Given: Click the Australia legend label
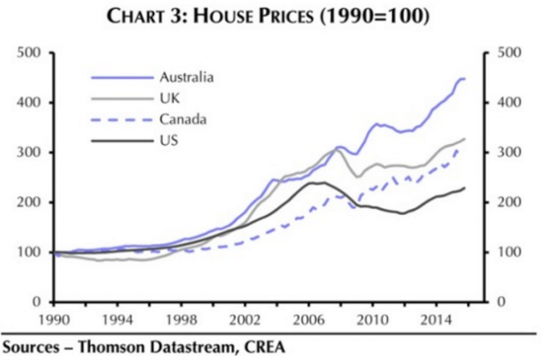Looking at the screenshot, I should coord(186,77).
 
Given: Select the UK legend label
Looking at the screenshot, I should coord(167,98).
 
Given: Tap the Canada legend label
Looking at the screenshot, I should coord(177,119).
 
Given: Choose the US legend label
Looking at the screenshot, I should coord(166,140).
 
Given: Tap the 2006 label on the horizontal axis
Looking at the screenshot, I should coord(315,318).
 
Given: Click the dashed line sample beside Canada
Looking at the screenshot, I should coord(117,119).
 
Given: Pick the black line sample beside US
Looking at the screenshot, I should coord(117,140).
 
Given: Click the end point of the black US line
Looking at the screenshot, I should coord(465,187).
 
